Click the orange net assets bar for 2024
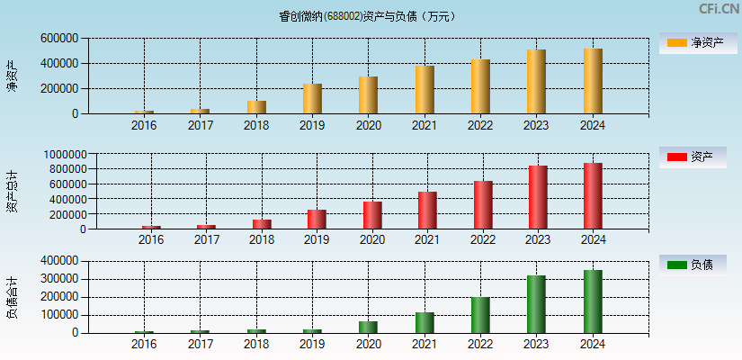click(593, 81)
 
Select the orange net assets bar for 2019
click(312, 99)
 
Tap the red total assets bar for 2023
click(538, 197)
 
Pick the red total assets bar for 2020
click(372, 215)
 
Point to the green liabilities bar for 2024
click(593, 301)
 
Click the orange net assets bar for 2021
click(425, 90)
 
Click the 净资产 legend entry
click(698, 42)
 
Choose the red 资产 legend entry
click(698, 157)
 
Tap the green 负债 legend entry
click(698, 265)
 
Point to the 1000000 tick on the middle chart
click(62, 155)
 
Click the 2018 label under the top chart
click(256, 125)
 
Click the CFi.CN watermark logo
click(719, 9)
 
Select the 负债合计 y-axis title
click(13, 298)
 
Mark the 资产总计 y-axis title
click(13, 191)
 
